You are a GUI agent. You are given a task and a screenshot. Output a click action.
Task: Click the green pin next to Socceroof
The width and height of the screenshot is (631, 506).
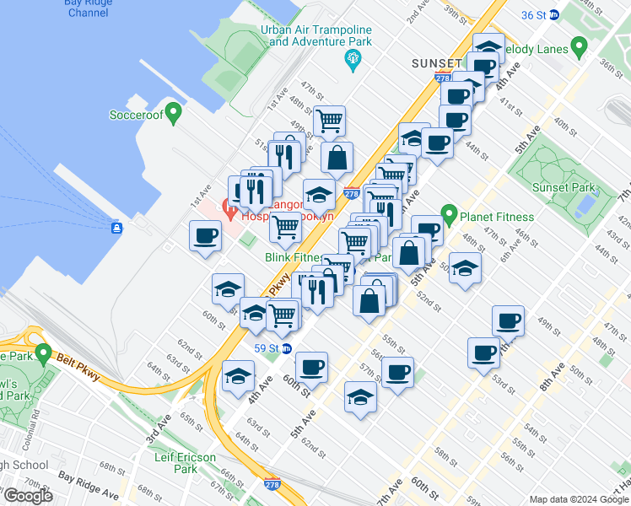(x=174, y=111)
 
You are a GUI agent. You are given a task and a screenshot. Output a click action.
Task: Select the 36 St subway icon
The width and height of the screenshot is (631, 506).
(x=554, y=14)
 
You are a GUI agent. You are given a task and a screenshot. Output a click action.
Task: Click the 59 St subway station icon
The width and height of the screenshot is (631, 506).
(x=287, y=347)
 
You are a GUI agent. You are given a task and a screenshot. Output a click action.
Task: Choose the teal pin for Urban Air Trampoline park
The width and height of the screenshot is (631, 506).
(x=353, y=58)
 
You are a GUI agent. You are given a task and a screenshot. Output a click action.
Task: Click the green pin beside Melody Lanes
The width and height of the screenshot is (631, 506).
(x=579, y=48)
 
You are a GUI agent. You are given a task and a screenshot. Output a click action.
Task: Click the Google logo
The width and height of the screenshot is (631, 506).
(x=28, y=496)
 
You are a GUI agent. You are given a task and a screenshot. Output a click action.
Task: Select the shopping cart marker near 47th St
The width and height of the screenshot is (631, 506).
(x=329, y=120)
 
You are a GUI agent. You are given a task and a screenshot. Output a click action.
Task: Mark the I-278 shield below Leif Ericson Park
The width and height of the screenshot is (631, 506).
(x=272, y=484)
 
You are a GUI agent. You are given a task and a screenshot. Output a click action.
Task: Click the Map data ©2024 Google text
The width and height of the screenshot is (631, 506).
(x=578, y=499)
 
